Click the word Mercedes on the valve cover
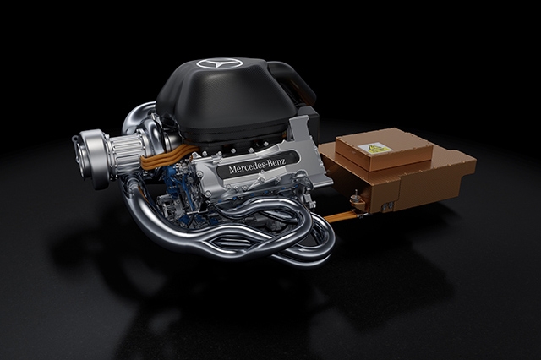[x=245, y=167]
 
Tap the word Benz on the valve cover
[x=276, y=162]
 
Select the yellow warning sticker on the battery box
[x=374, y=148]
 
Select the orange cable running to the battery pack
[x=340, y=217]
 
